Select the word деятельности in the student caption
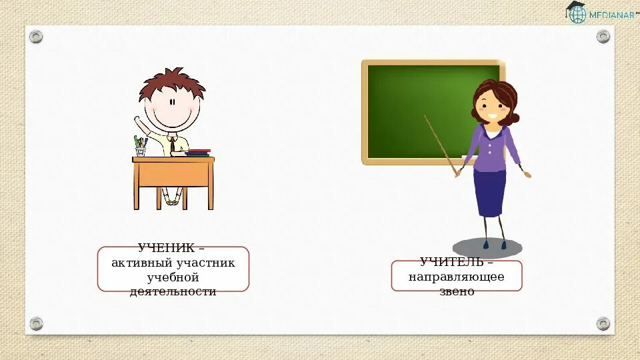173,291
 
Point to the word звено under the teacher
457,291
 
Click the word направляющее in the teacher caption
457,277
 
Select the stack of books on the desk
198,153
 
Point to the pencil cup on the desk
141,149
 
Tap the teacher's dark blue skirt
490,193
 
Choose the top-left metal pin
36,37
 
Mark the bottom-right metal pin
603,323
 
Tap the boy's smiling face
173,110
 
